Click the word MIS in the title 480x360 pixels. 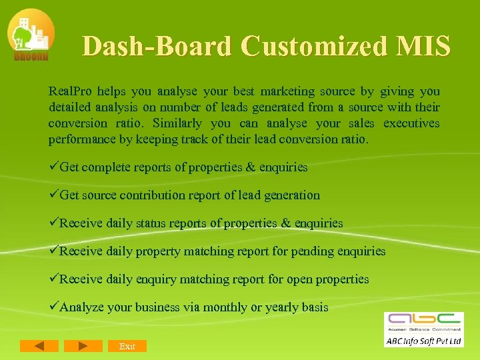click(x=423, y=46)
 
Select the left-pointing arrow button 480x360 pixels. click(x=39, y=345)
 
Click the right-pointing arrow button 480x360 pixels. click(x=83, y=345)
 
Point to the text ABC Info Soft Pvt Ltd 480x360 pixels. click(x=424, y=341)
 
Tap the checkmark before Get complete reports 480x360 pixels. click(x=53, y=167)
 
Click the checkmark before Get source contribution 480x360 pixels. click(x=53, y=195)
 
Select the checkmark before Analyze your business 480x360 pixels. click(x=53, y=307)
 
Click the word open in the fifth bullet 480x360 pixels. click(x=299, y=279)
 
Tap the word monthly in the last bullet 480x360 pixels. click(x=225, y=307)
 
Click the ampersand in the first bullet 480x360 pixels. click(x=251, y=167)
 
